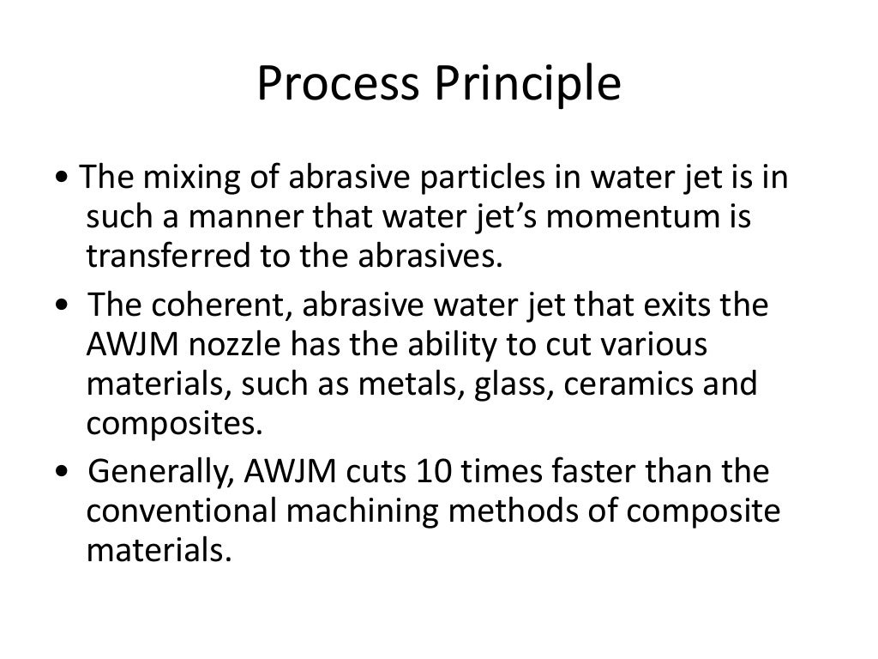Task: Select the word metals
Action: (x=415, y=384)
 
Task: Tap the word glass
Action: (x=502, y=384)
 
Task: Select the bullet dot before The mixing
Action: (x=57, y=181)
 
